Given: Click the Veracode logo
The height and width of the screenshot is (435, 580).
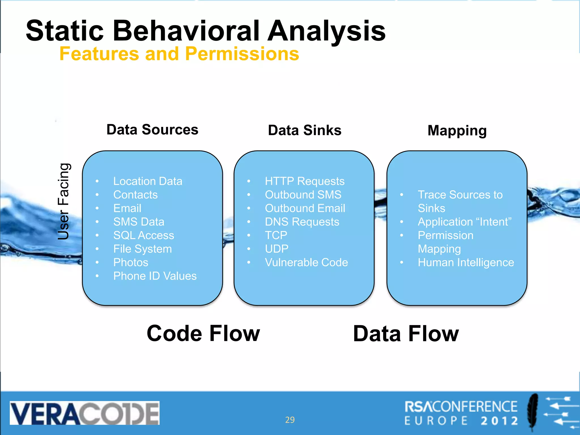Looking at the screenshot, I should pos(84,413).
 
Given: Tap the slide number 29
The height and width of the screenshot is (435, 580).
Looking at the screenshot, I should pos(290,420).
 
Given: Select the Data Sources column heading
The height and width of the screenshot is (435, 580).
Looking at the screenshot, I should pos(152,130).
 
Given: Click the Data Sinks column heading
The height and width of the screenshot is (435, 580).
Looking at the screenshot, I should pos(304,130).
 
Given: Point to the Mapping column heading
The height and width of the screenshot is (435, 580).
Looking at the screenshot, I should pos(457,131).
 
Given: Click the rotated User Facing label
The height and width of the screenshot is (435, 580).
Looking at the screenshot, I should pos(63,201).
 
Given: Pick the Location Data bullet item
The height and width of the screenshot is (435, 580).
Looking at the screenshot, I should pos(148,181).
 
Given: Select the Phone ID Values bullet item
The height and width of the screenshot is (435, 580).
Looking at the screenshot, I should pos(155,276).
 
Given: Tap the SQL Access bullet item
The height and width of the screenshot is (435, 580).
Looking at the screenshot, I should pos(144,235).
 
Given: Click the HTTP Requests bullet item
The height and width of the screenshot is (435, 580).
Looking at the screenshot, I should pos(304,181).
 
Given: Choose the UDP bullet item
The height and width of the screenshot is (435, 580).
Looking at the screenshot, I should pos(276,249).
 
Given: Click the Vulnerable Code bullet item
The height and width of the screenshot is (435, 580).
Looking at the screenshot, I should pos(306,263).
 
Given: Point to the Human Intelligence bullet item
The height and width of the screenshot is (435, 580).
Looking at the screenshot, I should pos(466,263).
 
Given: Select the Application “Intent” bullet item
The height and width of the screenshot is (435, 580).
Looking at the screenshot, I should pos(464,222).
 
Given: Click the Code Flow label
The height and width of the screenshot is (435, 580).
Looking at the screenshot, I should pos(203,333).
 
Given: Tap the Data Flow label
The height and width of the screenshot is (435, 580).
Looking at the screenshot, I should pos(406,334).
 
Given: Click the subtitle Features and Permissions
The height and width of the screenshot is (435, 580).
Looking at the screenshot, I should pos(179,54).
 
